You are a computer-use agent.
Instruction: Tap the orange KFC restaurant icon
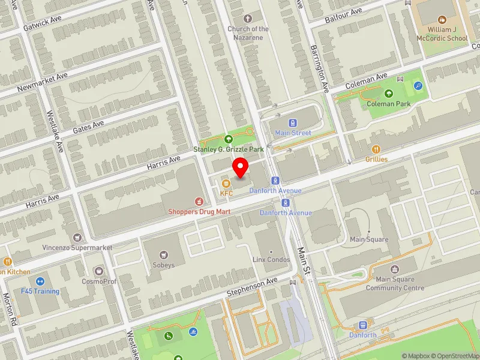[x=226, y=183]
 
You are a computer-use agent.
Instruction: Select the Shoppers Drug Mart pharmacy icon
[x=197, y=201]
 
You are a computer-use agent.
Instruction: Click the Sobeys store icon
[x=164, y=254]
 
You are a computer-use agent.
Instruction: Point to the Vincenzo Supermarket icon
[x=77, y=238]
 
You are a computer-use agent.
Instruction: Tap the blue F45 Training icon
[x=40, y=281]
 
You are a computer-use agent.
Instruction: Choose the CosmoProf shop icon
[x=98, y=271]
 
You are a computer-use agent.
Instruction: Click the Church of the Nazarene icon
[x=248, y=18]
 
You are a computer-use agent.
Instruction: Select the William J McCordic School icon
[x=443, y=20]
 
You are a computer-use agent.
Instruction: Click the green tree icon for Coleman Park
[x=389, y=94]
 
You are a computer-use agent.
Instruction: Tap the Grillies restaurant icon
[x=376, y=149]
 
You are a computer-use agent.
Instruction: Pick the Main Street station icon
[x=293, y=123]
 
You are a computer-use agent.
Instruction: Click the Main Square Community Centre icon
[x=395, y=269]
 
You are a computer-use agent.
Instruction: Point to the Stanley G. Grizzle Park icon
[x=227, y=139]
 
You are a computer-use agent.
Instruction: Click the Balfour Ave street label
[x=343, y=12]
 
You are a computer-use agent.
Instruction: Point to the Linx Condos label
[x=271, y=259]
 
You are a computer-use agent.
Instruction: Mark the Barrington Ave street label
[x=319, y=68]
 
